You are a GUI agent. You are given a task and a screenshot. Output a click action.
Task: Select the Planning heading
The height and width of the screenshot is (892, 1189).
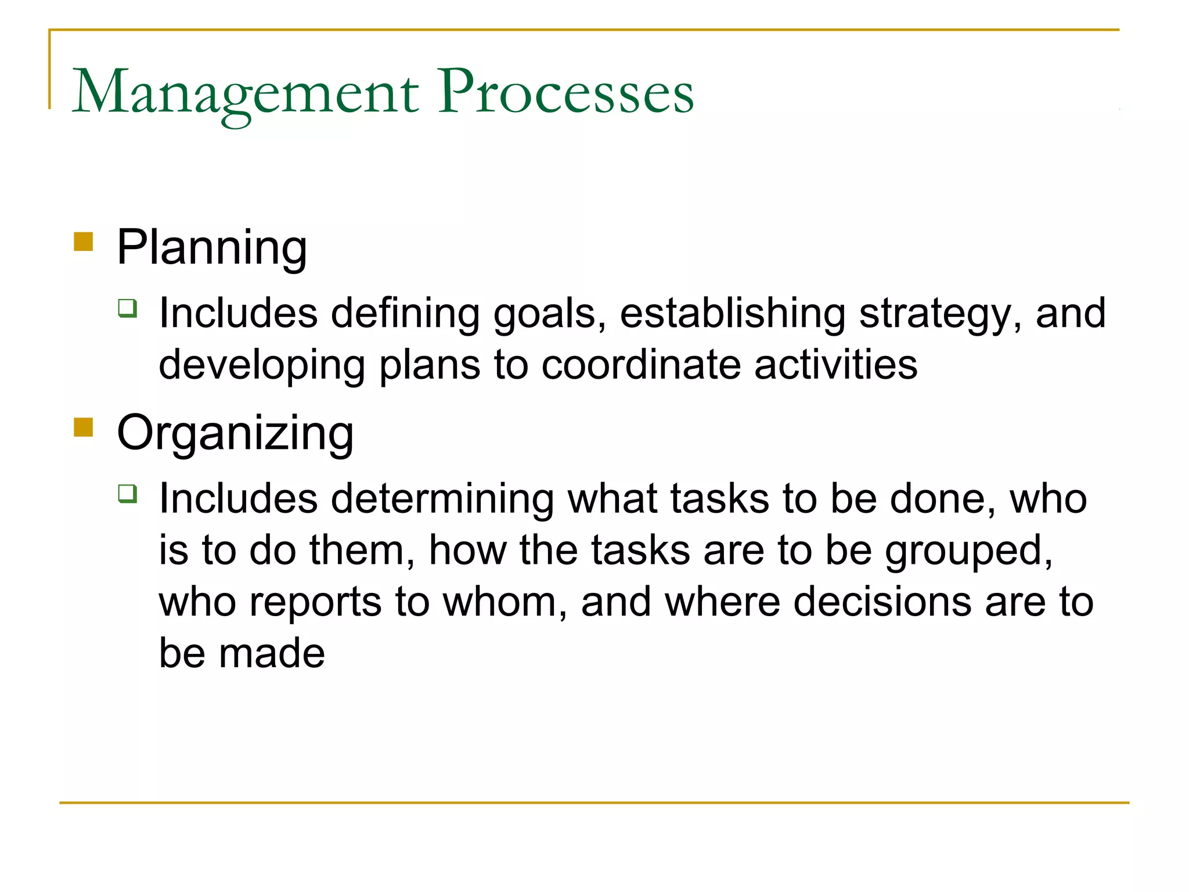[x=212, y=249]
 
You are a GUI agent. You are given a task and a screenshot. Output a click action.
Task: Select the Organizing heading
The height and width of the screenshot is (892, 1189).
[x=235, y=434]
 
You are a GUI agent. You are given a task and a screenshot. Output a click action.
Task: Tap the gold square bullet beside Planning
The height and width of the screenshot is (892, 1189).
[x=84, y=242]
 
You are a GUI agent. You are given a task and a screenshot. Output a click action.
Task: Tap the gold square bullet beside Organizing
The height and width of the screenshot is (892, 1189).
[x=84, y=427]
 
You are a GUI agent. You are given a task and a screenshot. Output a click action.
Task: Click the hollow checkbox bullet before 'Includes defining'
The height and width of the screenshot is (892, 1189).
[x=128, y=308]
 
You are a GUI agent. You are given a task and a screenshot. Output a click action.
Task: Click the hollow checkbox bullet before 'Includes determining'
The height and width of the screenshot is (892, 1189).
[x=128, y=494]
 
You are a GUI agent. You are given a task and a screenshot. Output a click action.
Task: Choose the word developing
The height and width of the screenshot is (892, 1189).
[x=262, y=366]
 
